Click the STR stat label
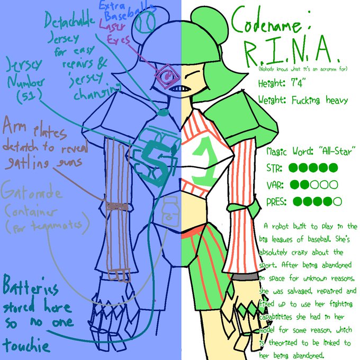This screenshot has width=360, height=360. click(275, 168)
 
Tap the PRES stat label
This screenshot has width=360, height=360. click(277, 202)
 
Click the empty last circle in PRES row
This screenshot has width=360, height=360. click(337, 202)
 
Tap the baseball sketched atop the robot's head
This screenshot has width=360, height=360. click(146, 23)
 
